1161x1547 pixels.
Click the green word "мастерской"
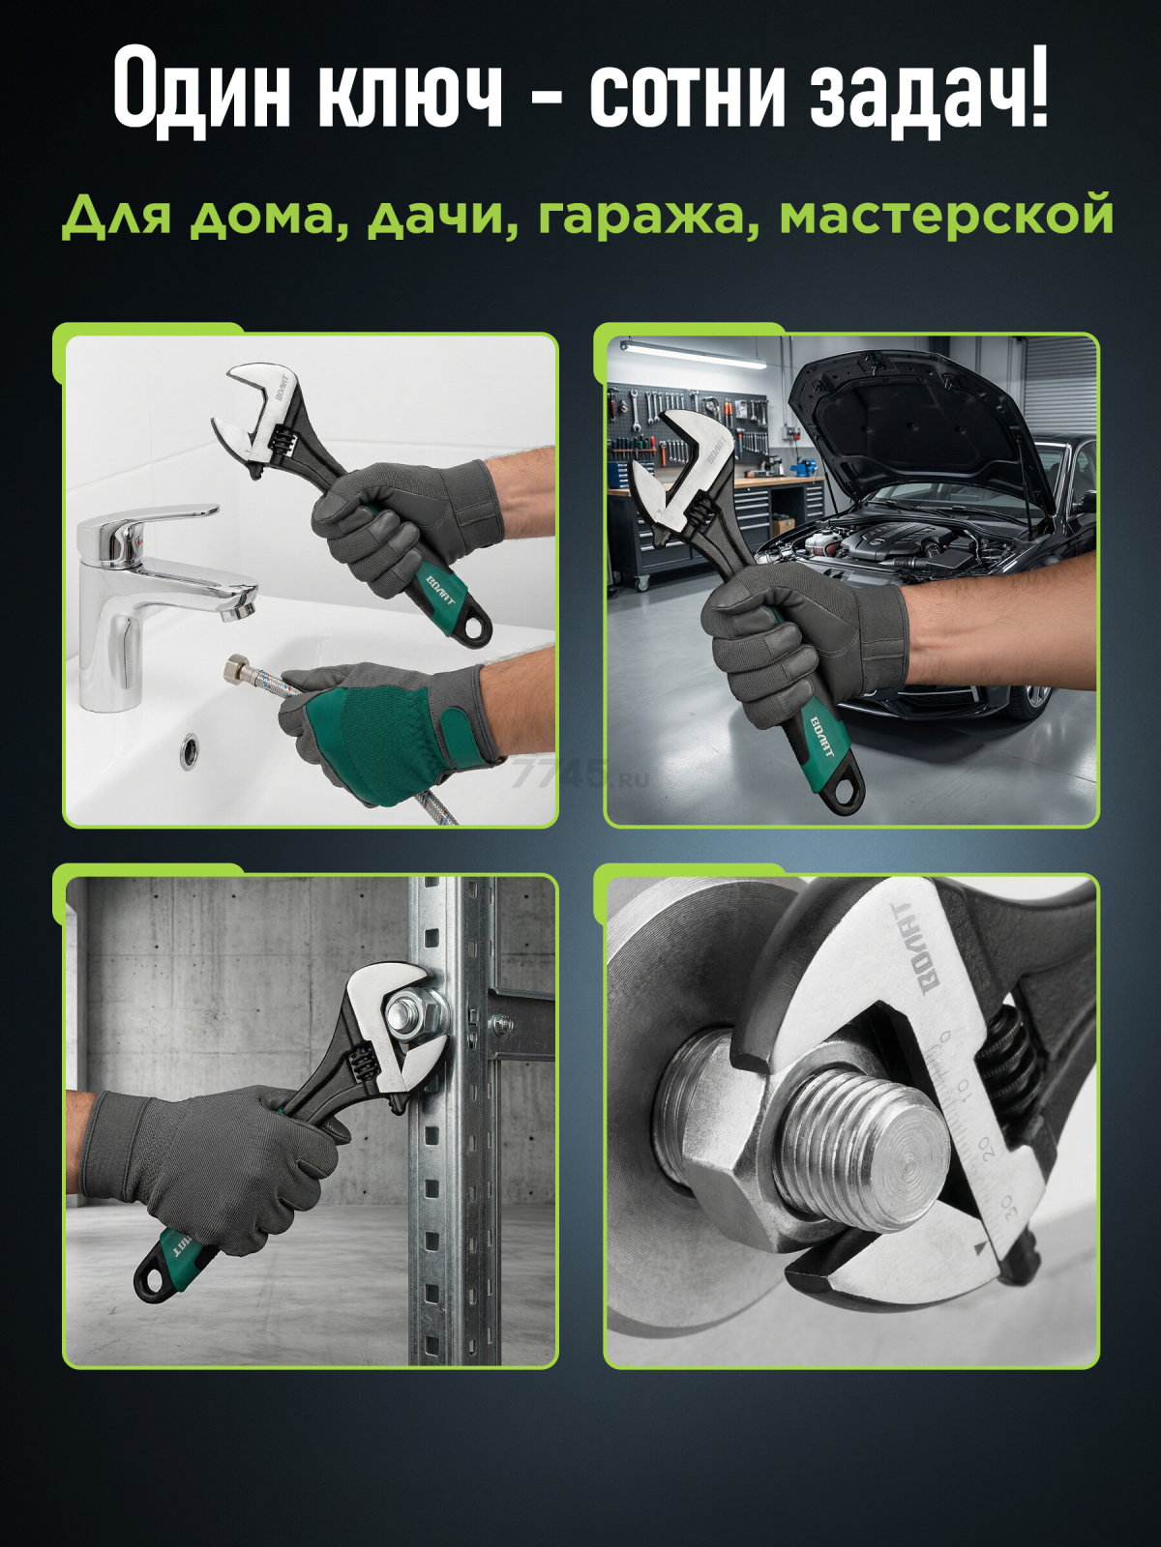[945, 218]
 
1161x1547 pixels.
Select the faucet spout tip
[237, 610]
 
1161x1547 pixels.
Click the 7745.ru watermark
[580, 776]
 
